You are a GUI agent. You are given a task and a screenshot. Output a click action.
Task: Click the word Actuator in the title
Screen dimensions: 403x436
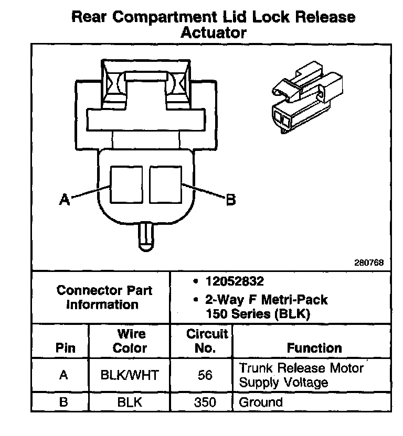(x=213, y=32)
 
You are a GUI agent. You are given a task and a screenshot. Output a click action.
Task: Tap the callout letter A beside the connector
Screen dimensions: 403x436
(x=65, y=200)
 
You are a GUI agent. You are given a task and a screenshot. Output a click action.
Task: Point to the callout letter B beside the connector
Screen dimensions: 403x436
(x=230, y=200)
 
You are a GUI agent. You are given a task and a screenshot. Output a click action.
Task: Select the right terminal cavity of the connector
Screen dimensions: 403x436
(x=165, y=184)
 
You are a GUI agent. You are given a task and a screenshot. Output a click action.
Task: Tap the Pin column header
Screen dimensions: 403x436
(x=65, y=348)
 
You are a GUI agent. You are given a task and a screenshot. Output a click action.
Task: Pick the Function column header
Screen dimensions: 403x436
(x=314, y=348)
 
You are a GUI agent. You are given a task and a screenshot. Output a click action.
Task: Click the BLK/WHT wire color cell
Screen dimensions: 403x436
(x=130, y=375)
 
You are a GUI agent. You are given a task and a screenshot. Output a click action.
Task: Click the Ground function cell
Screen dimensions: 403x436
(x=261, y=402)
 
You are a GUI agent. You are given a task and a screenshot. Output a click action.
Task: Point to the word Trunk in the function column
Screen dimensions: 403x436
(x=255, y=368)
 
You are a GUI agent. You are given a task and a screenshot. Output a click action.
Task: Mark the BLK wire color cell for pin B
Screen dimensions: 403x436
(x=130, y=402)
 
